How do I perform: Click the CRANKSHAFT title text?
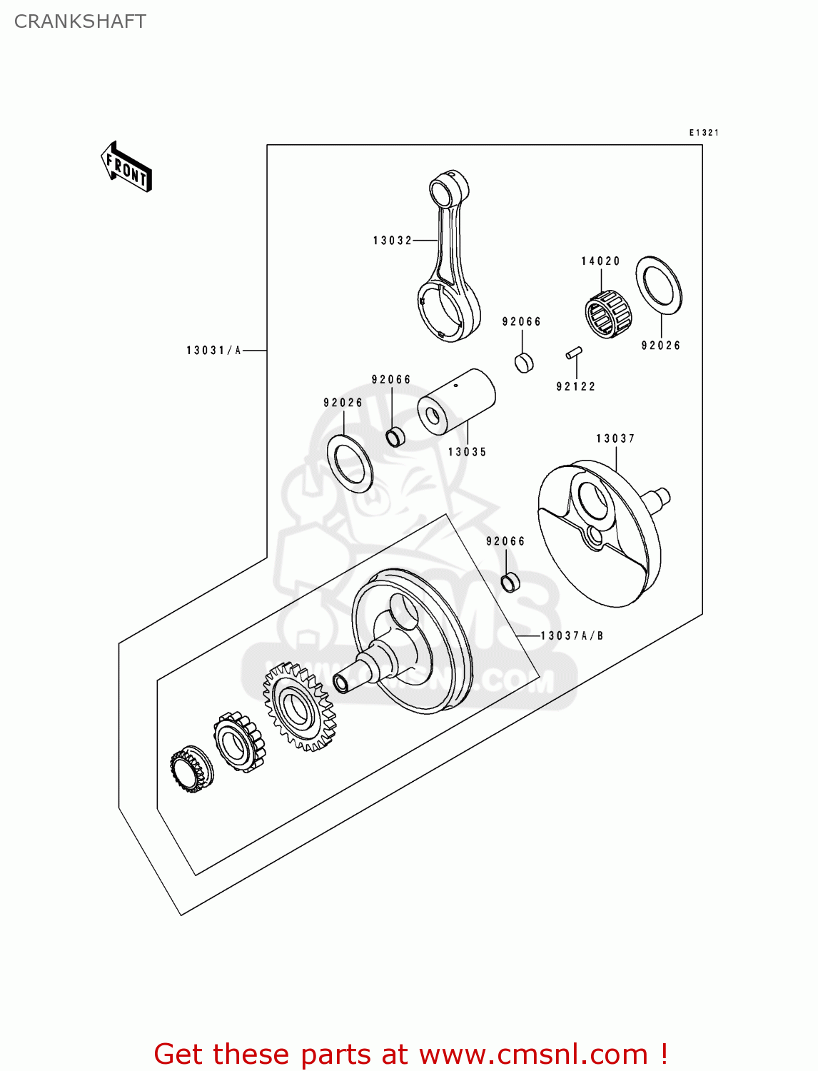point(80,21)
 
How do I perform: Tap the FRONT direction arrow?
point(126,168)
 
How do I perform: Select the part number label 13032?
point(393,241)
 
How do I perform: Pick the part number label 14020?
point(600,261)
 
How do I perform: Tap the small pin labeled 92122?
point(574,353)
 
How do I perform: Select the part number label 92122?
point(575,386)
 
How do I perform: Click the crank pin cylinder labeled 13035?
point(456,402)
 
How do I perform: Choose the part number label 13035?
point(467,452)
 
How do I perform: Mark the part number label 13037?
point(615,438)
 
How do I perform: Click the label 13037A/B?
point(572,635)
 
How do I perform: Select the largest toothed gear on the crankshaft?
point(299,707)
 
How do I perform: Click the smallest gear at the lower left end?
point(191,770)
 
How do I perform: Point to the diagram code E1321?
point(704,133)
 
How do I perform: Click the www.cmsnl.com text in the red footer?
point(533,1054)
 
